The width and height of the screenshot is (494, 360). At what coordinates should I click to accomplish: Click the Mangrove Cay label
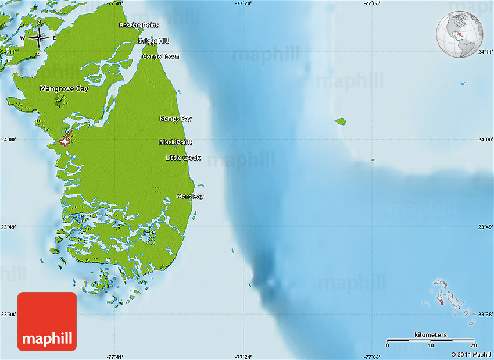pos(64,89)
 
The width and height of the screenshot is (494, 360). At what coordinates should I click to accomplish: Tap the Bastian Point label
pos(139,26)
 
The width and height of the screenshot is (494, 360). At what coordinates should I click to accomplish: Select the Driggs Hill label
pos(153,41)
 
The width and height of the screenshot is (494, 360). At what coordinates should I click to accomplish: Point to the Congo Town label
pos(160,56)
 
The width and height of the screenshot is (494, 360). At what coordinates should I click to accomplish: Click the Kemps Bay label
pos(176,119)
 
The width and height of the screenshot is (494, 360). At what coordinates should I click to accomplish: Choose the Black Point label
pos(176,142)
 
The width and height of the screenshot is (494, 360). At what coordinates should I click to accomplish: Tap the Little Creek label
pos(183,158)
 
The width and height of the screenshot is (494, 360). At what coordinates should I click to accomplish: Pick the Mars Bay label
pos(190,197)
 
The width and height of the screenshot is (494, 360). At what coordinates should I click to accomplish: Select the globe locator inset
pos(461,35)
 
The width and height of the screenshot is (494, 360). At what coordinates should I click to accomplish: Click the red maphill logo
pos(47,322)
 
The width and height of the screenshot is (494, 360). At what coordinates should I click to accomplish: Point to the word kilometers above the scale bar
pos(431,334)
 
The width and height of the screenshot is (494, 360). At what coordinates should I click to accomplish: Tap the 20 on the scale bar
pos(474,345)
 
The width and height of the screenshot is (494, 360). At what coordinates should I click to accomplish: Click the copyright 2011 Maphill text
pos(471,354)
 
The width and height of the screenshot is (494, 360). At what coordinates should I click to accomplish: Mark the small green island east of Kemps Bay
pos(341,122)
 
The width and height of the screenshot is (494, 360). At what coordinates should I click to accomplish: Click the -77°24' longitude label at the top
pos(244,3)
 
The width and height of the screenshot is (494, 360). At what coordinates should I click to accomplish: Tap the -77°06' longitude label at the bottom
pos(372,357)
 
